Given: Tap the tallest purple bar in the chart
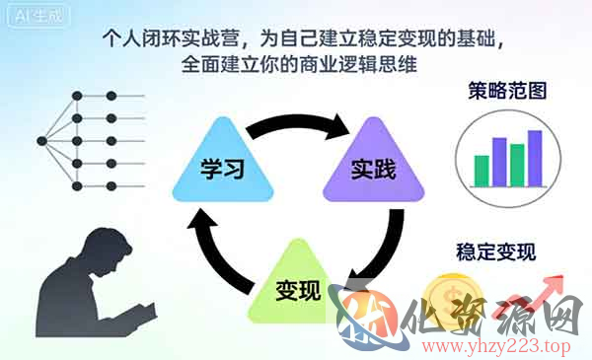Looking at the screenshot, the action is (x=535, y=157).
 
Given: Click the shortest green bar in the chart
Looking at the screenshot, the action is (x=481, y=169).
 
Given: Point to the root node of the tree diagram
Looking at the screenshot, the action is (x=41, y=139).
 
